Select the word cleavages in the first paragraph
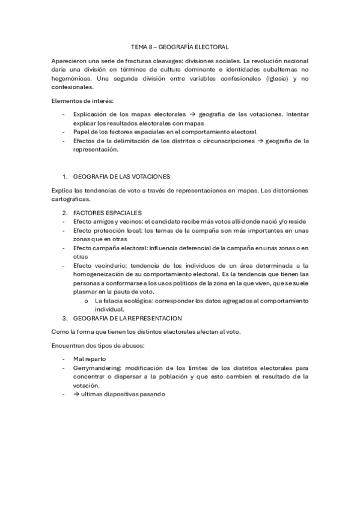(157, 62)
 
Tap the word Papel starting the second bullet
(81, 131)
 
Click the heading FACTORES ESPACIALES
(107, 213)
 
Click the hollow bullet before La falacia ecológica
(87, 300)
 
